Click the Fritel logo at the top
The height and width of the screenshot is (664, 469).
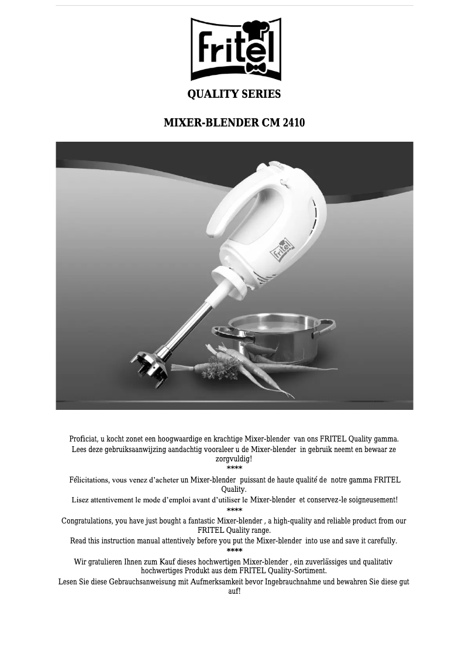pos(236,50)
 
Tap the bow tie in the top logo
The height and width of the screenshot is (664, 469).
pos(256,67)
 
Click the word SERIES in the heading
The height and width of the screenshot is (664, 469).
pos(261,94)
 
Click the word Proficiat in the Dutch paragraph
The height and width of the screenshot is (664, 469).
pos(83,439)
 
